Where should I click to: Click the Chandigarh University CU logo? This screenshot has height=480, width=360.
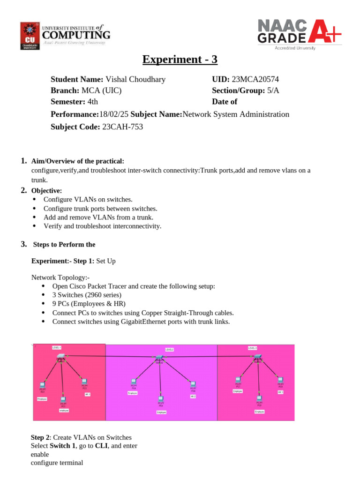30,36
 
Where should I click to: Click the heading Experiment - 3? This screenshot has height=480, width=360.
180,60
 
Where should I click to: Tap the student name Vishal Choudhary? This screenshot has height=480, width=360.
135,79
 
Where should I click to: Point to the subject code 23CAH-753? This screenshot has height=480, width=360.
122,127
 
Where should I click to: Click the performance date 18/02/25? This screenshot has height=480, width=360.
114,114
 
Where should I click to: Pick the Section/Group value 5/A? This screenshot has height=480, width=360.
273,90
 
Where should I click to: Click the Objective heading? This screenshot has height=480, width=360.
46,191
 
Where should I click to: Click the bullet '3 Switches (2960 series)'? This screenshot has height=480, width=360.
87,295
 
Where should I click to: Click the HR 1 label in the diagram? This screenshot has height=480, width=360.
87,395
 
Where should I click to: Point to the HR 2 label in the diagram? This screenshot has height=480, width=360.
193,396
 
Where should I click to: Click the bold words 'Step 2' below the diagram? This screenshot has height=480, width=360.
40,437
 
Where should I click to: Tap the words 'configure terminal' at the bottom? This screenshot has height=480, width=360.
57,463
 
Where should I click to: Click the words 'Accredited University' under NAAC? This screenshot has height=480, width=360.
294,48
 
